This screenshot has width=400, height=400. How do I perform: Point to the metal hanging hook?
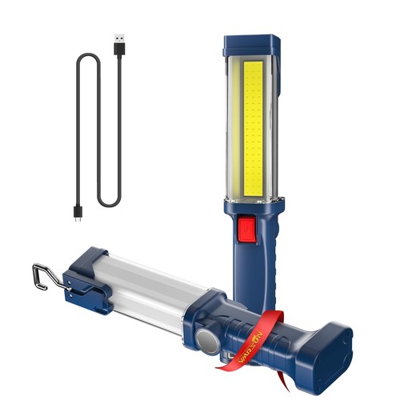pos(42,273)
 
